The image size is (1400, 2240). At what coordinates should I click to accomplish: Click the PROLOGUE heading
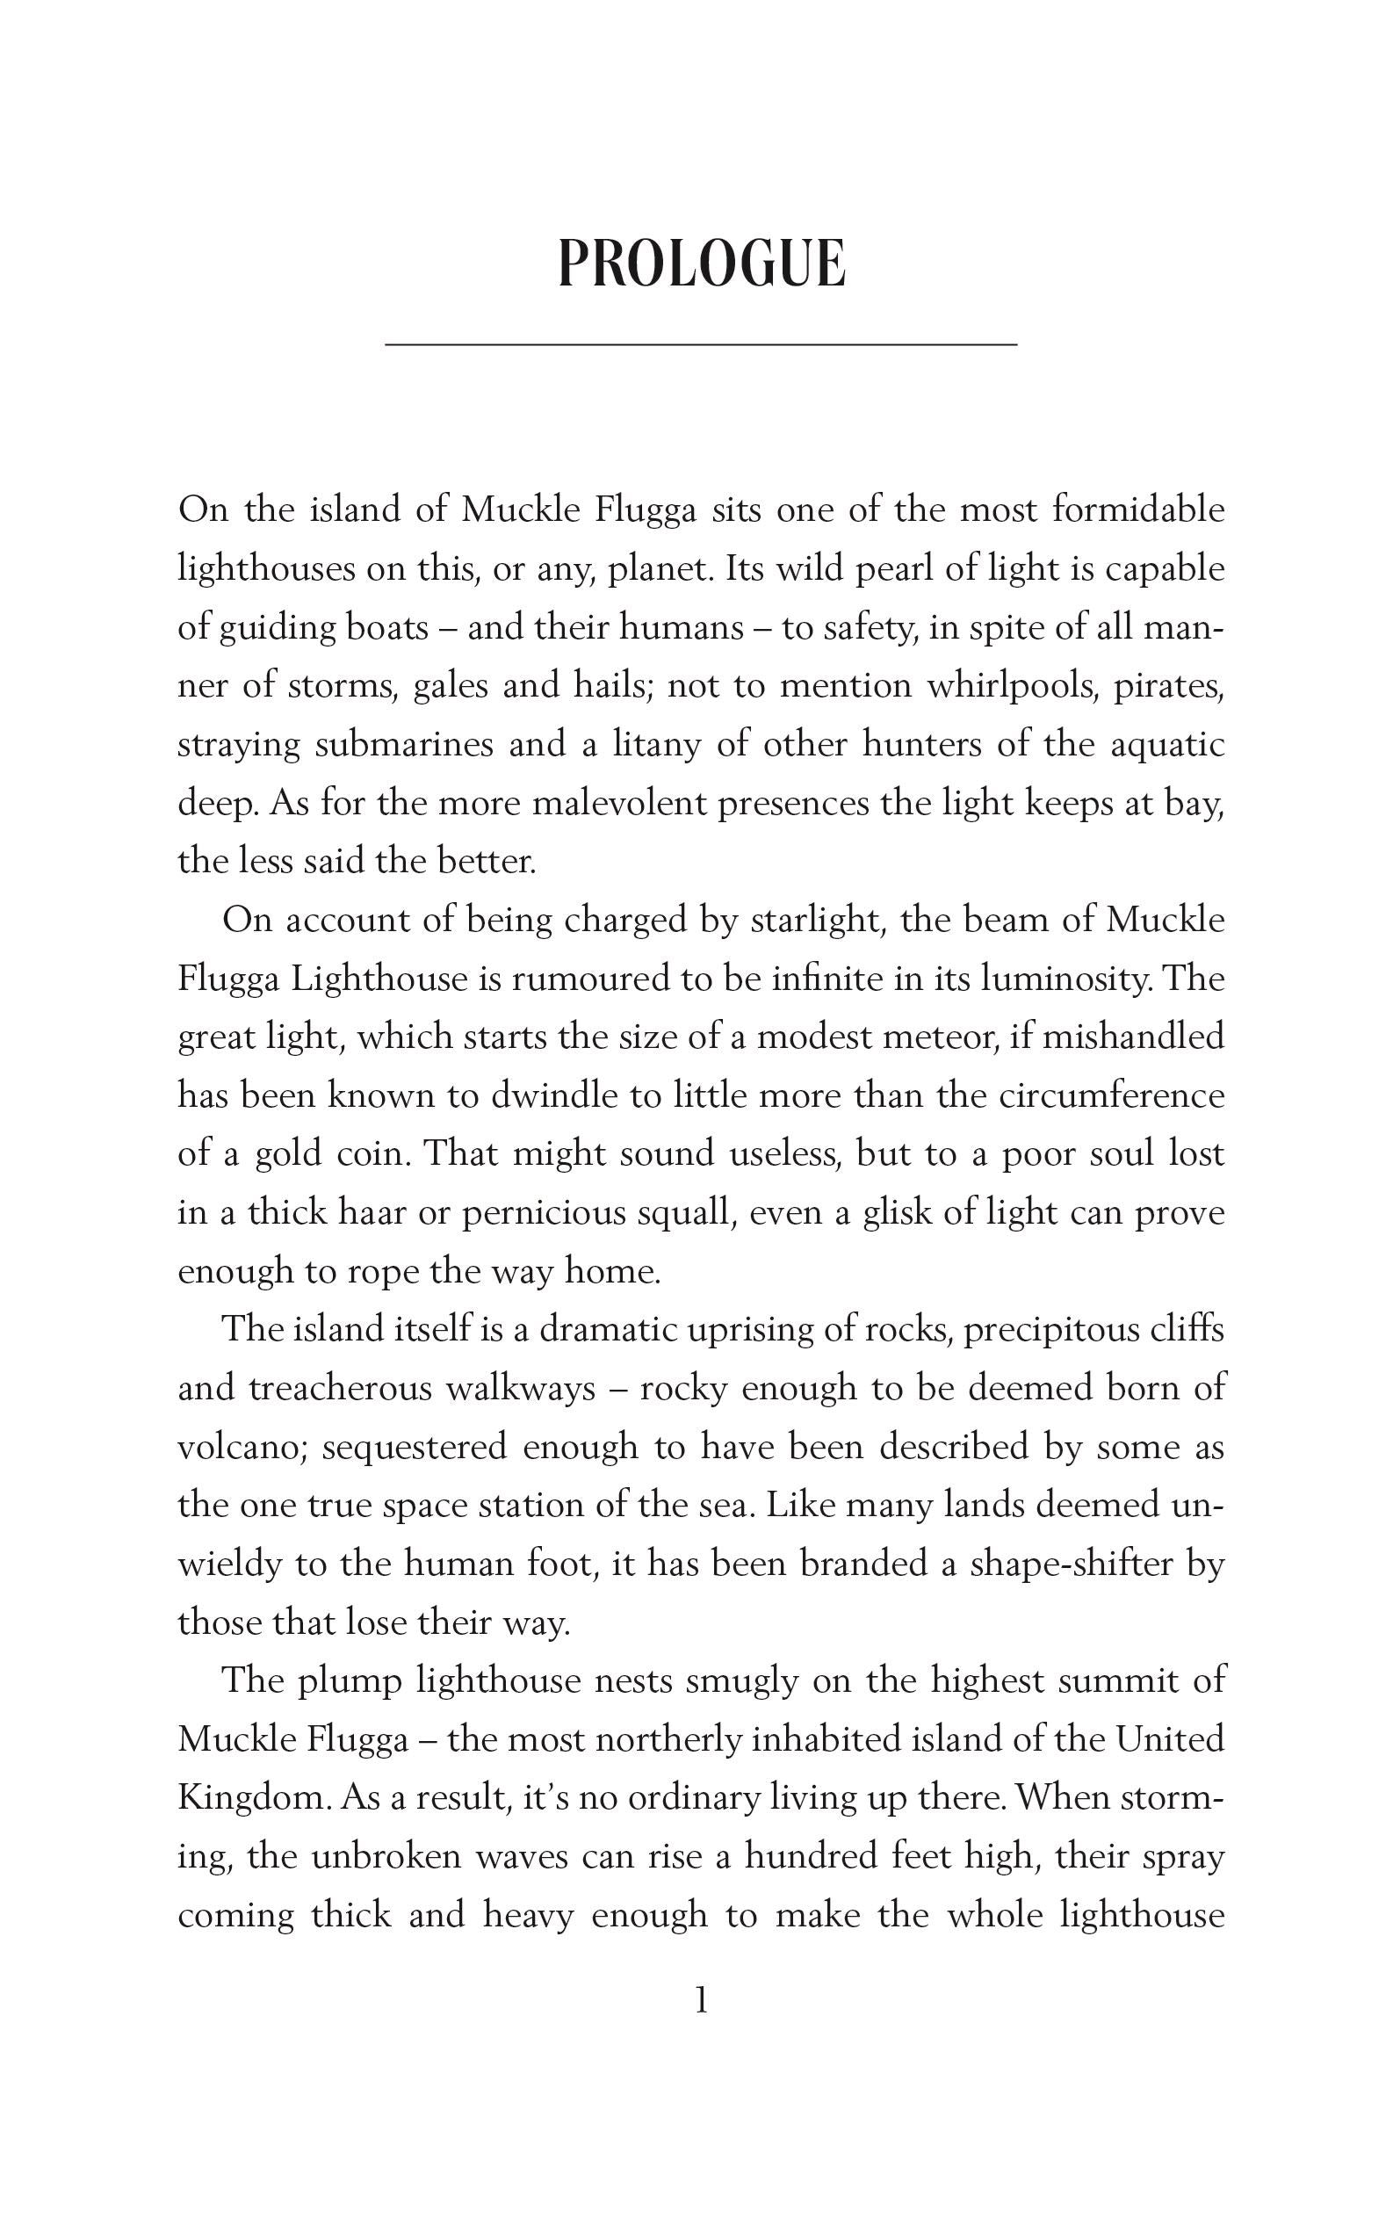[x=701, y=264]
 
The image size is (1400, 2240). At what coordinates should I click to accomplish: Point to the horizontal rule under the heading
[x=701, y=344]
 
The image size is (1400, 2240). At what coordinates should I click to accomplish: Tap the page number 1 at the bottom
[x=701, y=2001]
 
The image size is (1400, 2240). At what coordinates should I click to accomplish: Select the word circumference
[x=1111, y=1095]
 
